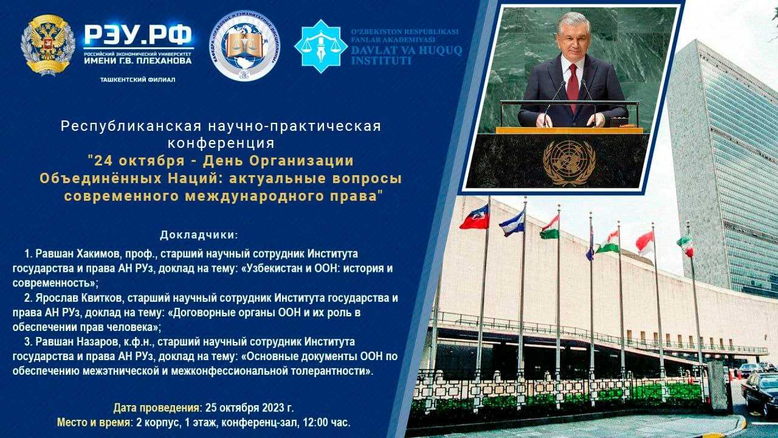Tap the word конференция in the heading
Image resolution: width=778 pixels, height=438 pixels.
(x=221, y=144)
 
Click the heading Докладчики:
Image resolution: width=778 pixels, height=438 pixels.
(x=199, y=235)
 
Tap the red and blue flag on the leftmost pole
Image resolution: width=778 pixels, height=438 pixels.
(x=475, y=218)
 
